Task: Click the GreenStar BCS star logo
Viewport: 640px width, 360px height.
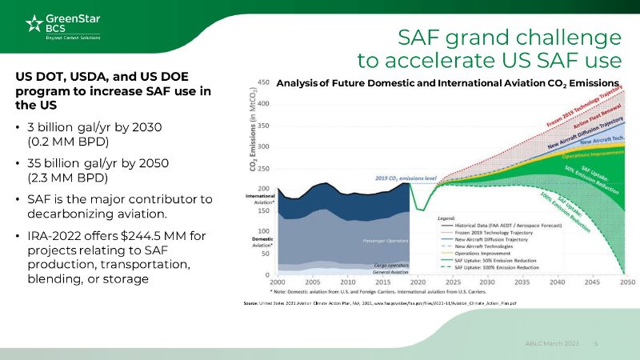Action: click(x=34, y=24)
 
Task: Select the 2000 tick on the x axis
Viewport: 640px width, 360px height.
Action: click(x=278, y=282)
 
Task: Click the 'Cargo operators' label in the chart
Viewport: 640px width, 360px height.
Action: click(x=392, y=265)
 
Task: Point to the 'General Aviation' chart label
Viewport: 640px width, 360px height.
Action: click(x=391, y=272)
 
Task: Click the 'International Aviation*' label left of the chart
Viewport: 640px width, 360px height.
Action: click(x=258, y=199)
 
